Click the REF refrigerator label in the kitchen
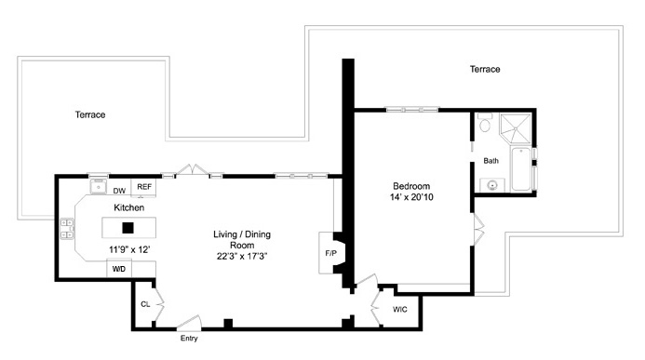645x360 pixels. point(144,187)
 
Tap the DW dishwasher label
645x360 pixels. point(119,191)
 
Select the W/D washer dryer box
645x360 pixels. point(119,269)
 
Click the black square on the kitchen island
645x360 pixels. point(128,228)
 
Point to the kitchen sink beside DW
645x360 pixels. point(99,187)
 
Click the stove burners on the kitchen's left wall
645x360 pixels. point(67,229)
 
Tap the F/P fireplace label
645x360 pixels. point(330,253)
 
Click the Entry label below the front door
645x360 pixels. point(189,339)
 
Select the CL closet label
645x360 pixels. point(145,304)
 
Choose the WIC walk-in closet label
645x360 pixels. point(400,309)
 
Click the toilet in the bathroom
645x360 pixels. point(485,123)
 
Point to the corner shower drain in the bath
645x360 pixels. point(515,129)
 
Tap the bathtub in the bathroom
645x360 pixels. point(521,169)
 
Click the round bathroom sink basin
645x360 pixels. point(492,185)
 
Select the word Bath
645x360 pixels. point(490,161)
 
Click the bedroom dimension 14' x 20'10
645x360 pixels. point(411,197)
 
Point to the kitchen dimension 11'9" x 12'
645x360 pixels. point(129,249)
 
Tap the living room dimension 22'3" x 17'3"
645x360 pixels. point(242,256)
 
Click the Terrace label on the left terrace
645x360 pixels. point(90,114)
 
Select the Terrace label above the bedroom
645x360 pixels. point(485,69)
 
